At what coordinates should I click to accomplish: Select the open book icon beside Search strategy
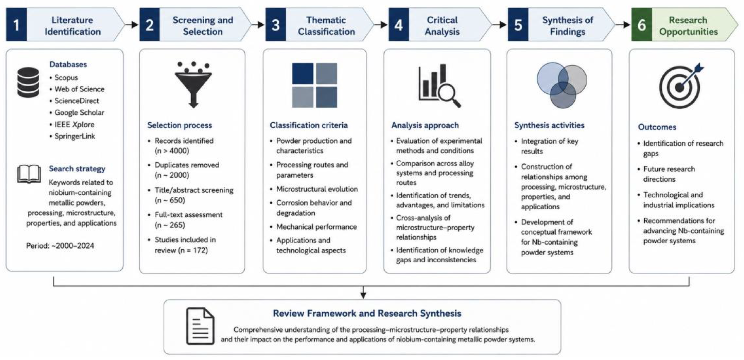[x=29, y=174]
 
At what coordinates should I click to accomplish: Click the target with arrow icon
[x=681, y=86]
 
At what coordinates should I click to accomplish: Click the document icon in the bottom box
[x=200, y=326]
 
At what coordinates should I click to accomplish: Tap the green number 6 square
[x=641, y=25]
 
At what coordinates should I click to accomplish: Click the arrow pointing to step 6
[x=623, y=25]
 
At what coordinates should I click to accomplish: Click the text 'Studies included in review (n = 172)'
[x=185, y=245]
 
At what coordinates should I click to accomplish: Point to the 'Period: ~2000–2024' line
[x=60, y=246]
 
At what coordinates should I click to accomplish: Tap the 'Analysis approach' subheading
[x=425, y=125]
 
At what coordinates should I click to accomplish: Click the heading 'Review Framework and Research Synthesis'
[x=367, y=313]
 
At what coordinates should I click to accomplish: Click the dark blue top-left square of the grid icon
[x=303, y=73]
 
